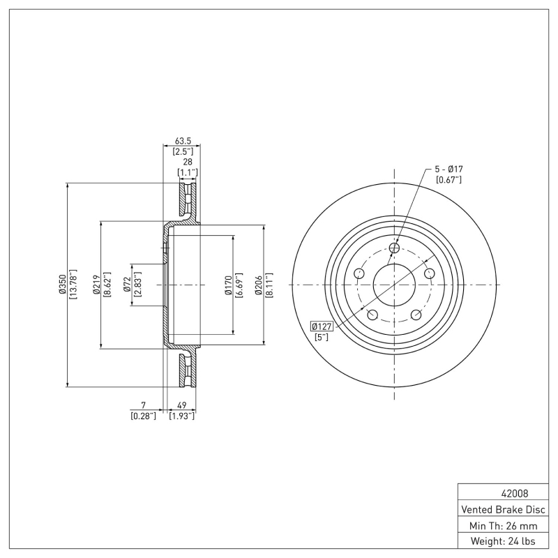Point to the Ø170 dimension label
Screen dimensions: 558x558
(228, 285)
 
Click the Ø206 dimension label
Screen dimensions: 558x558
(259, 285)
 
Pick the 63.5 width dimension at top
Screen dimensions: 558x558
(183, 140)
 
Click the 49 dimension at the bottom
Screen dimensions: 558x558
(181, 405)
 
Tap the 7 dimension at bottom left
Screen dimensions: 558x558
(143, 405)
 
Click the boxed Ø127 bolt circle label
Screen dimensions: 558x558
(322, 326)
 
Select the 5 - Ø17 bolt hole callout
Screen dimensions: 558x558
(449, 169)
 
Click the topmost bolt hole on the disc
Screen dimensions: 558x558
(394, 248)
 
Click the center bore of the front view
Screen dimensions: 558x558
(394, 285)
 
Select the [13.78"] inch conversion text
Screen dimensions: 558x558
(73, 285)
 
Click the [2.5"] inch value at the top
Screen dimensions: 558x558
(183, 151)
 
